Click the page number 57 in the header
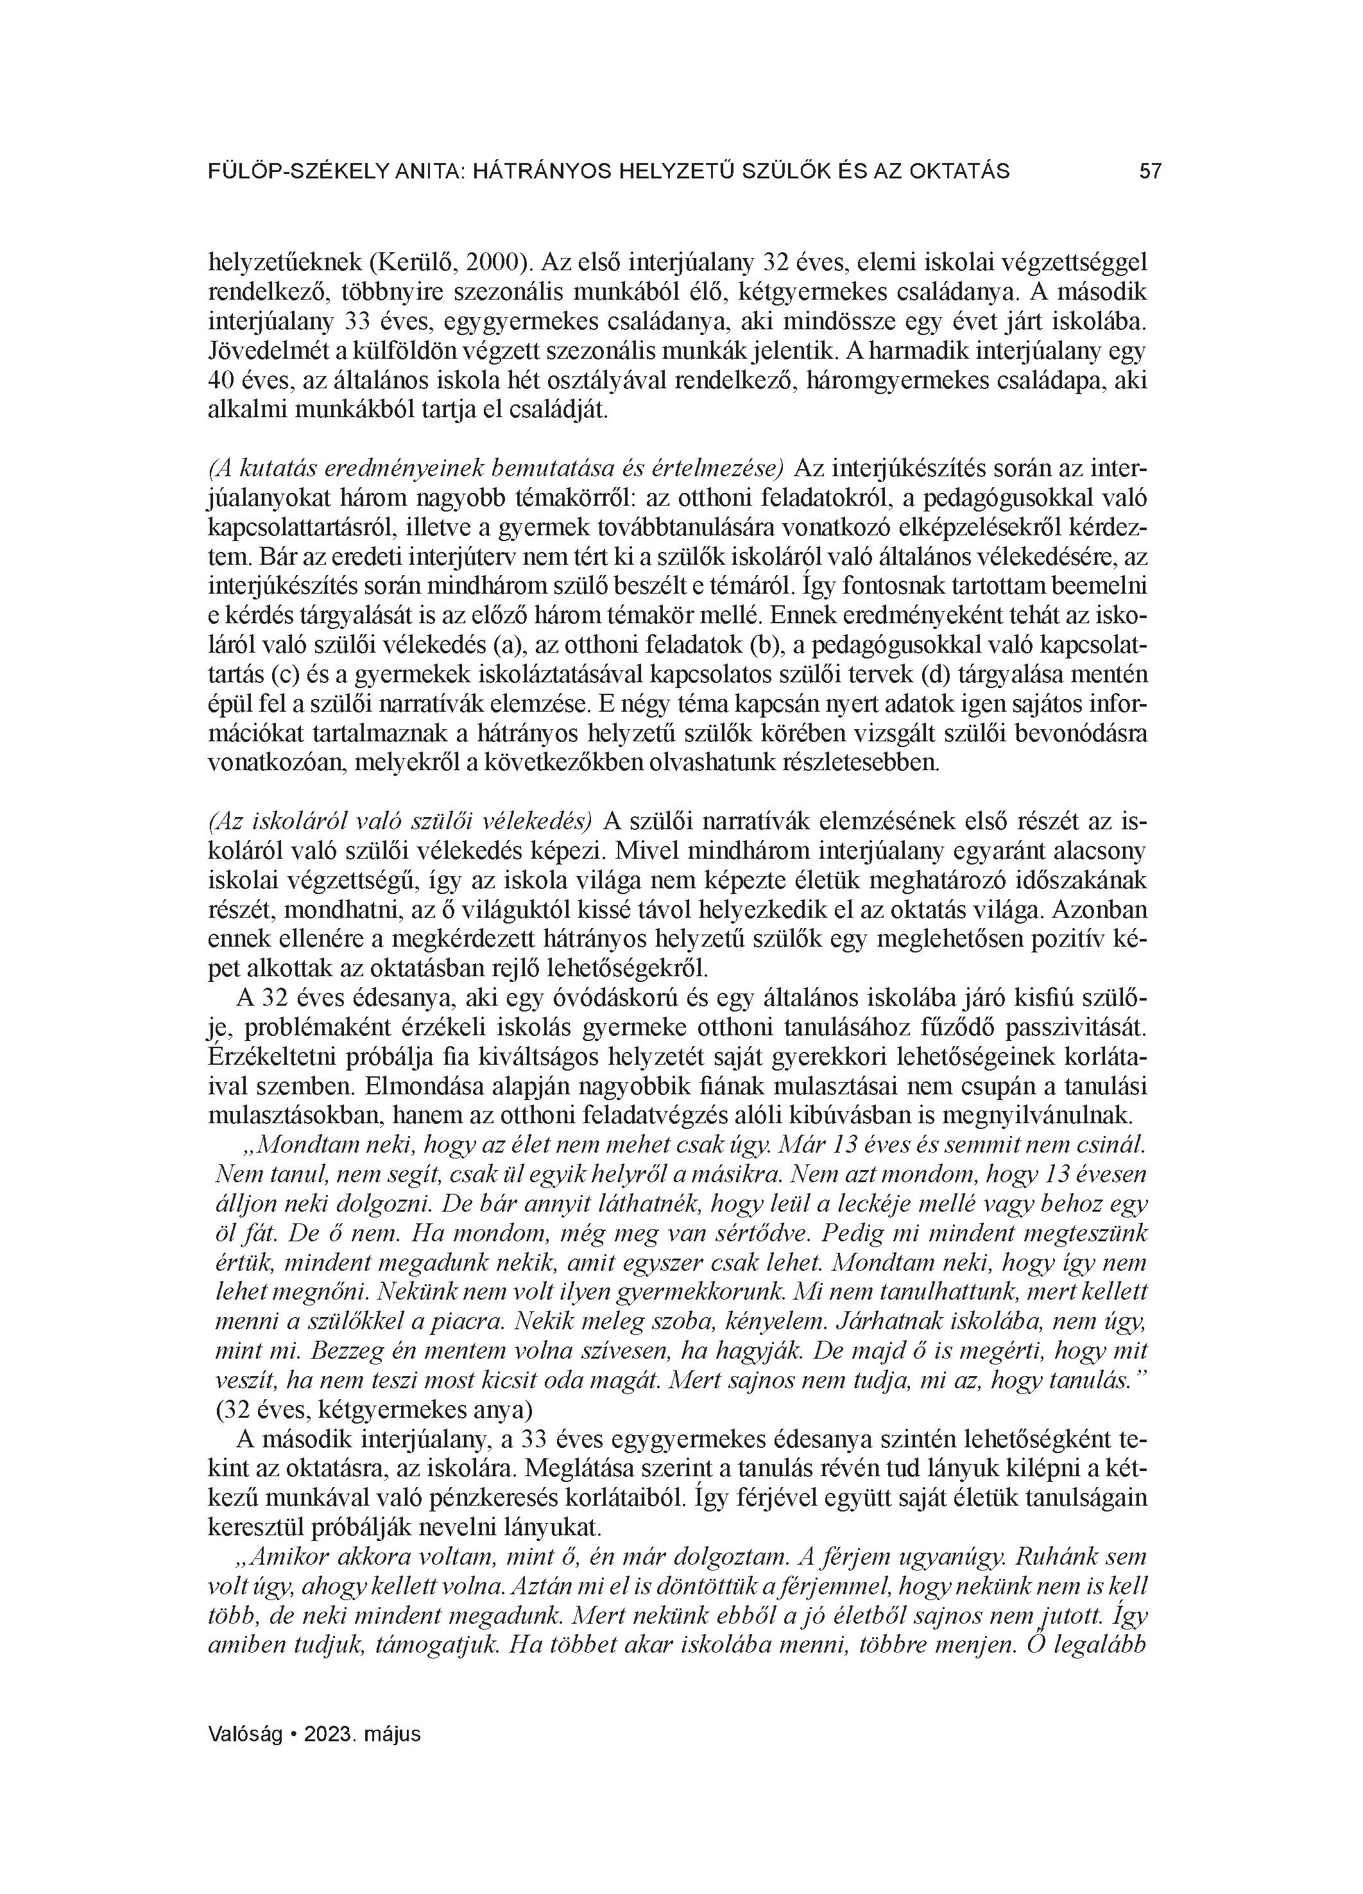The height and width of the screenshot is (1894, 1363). click(x=1150, y=171)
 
